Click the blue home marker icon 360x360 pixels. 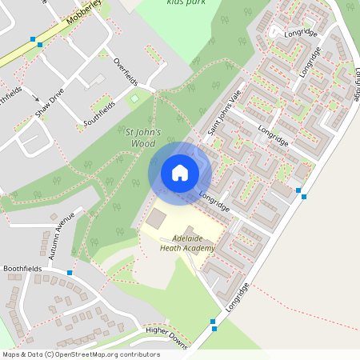point(180,172)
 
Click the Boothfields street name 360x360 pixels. point(22,270)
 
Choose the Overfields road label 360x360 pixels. point(126,74)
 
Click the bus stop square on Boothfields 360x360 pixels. point(70,273)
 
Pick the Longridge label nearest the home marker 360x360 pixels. point(214,202)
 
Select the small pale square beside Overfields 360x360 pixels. point(134,98)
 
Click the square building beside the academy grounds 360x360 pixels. point(155,217)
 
